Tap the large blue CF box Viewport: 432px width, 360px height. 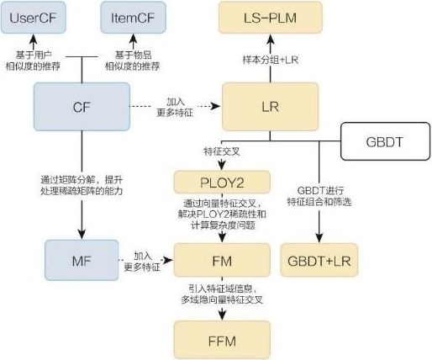click(x=82, y=107)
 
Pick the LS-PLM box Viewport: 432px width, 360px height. click(x=269, y=18)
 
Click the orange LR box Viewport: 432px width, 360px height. click(x=269, y=107)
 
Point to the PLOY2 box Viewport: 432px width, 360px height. click(x=223, y=183)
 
